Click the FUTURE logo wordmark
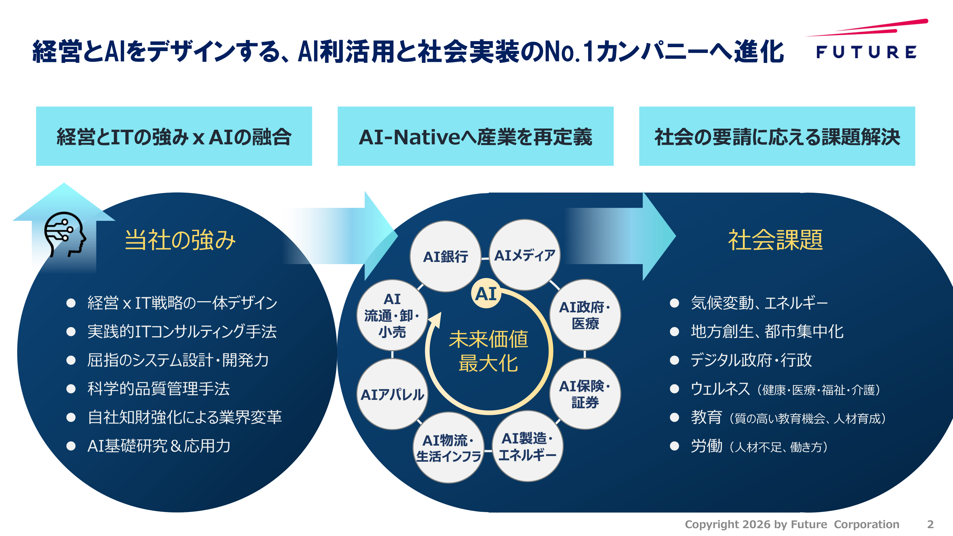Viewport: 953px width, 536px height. coord(866,52)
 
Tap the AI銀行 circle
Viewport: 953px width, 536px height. coord(446,256)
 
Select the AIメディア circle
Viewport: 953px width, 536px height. coord(525,255)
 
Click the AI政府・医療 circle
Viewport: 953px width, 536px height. coord(585,315)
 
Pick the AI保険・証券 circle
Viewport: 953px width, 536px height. coord(585,393)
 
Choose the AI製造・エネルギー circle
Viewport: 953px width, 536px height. coord(527,446)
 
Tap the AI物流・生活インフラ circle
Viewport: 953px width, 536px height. coord(448,448)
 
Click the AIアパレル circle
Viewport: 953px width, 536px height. coord(392,394)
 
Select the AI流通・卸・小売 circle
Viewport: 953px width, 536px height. coord(392,315)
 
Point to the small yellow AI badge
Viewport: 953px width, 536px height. coord(486,294)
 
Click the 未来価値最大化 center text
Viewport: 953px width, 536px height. coord(488,351)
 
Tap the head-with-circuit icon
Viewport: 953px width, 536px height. coord(65,234)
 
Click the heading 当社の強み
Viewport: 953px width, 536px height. coord(180,240)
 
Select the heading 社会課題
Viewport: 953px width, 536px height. coord(775,240)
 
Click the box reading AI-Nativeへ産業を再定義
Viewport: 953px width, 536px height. coord(475,136)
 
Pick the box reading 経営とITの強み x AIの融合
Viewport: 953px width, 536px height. coord(174,136)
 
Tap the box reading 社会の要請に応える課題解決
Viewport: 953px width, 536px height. coord(777,136)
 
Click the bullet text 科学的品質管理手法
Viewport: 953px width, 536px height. coord(158,389)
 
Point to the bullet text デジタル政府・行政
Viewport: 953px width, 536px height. coord(751,360)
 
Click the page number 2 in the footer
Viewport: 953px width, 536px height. coord(930,524)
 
